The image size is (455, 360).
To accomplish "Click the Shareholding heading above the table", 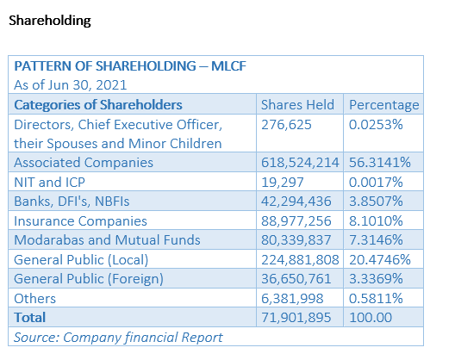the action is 50,21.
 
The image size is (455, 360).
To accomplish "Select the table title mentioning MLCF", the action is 130,66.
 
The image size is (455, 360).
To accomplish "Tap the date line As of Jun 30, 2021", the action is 71,85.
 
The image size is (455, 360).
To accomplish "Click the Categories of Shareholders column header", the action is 98,105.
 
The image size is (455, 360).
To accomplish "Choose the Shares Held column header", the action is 297,105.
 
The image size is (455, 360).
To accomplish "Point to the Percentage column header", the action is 384,105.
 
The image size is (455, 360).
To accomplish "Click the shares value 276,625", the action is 286,125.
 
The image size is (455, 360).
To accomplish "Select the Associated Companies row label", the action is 84,163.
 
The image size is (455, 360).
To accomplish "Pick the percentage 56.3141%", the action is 380,163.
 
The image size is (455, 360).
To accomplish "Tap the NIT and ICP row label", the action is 50,183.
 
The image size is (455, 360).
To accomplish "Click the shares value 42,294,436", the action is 296,202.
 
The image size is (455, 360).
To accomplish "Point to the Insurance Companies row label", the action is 80,221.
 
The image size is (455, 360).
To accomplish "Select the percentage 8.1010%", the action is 376,221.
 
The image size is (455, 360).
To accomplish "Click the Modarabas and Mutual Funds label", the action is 107,240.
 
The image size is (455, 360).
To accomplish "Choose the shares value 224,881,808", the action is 300,260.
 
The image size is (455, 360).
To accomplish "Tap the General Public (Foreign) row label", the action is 89,279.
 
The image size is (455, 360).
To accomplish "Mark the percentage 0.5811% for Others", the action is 376,299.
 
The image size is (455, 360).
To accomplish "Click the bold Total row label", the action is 30,318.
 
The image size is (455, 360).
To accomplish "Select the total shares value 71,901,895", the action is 296,318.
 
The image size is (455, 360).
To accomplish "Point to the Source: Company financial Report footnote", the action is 118,338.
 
